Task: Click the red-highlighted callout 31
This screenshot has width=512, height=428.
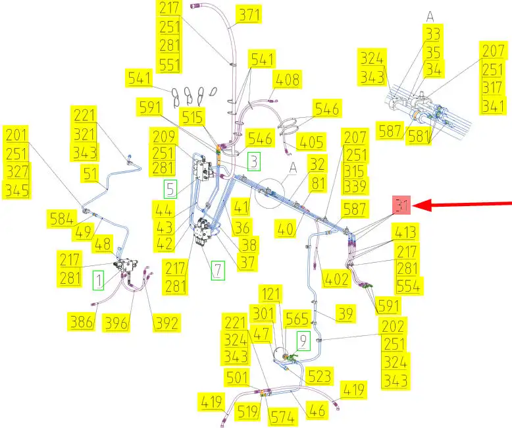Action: [401, 205]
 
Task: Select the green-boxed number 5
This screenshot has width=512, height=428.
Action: [170, 189]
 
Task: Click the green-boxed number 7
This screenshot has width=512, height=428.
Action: [217, 269]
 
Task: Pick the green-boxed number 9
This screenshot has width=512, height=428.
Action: [303, 340]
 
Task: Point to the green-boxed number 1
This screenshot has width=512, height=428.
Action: [98, 281]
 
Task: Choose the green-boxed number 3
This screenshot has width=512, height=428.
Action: [254, 161]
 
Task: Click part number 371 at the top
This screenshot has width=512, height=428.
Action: [249, 15]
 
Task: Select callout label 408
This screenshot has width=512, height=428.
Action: [288, 80]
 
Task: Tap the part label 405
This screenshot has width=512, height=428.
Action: [311, 142]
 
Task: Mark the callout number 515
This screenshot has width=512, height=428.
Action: [193, 117]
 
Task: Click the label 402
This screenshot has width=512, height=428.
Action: [336, 279]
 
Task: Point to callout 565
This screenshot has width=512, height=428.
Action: [297, 318]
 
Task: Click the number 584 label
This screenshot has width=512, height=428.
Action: [61, 217]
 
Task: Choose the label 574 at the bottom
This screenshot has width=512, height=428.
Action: [283, 416]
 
